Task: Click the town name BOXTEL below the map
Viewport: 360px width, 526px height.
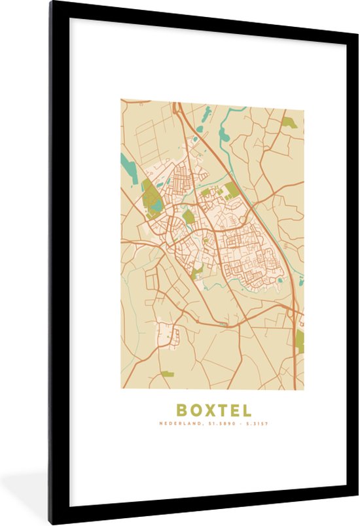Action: pyautogui.click(x=213, y=411)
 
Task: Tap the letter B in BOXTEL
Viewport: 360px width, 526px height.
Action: pyautogui.click(x=181, y=411)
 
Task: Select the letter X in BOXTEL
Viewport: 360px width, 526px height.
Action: pyautogui.click(x=208, y=411)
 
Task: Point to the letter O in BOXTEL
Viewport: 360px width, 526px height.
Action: pyautogui.click(x=194, y=411)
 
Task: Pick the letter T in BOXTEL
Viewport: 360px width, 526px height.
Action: pyautogui.click(x=221, y=411)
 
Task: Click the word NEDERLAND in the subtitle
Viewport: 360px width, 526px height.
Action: pyautogui.click(x=179, y=425)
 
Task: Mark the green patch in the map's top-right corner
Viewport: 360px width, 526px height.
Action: pyautogui.click(x=289, y=122)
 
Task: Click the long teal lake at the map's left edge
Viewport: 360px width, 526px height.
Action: pyautogui.click(x=129, y=167)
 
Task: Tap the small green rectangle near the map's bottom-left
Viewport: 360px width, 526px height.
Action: pyautogui.click(x=167, y=374)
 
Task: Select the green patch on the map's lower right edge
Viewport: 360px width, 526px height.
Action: pyautogui.click(x=300, y=340)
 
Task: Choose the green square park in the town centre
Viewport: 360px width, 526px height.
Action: pyautogui.click(x=189, y=217)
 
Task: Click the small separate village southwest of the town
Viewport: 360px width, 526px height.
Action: pyautogui.click(x=166, y=334)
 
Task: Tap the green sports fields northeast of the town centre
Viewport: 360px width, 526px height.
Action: pyautogui.click(x=232, y=190)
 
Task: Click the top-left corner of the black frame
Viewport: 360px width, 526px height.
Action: pyautogui.click(x=50, y=3)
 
